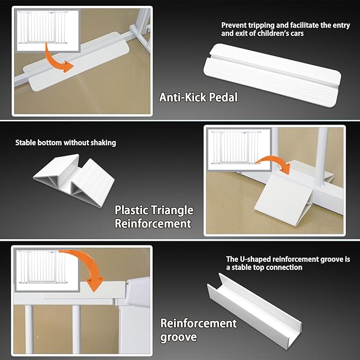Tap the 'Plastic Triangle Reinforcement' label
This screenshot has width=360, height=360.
pyautogui.click(x=154, y=217)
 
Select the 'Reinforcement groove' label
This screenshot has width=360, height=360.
pyautogui.click(x=198, y=330)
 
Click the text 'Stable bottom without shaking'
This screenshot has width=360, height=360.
pyautogui.click(x=65, y=143)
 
